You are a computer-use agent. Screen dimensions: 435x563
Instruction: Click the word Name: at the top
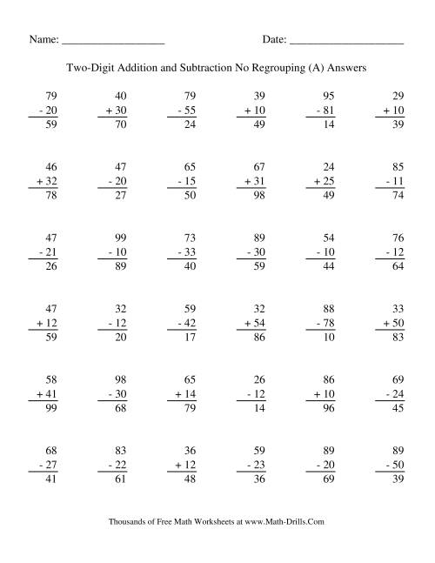coord(44,40)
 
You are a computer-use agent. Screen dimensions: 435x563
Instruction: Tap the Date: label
coord(273,40)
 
